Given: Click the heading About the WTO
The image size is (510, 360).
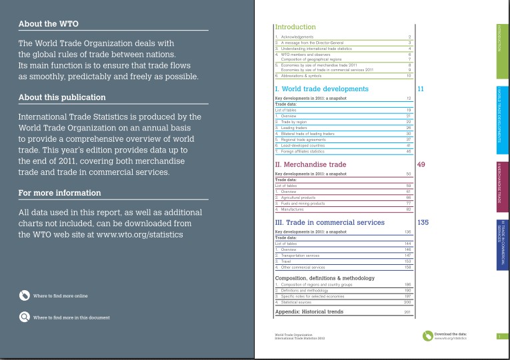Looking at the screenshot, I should [x=48, y=24].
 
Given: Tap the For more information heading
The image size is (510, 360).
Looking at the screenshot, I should [x=60, y=193].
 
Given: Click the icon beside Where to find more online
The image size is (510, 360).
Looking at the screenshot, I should [x=24, y=295].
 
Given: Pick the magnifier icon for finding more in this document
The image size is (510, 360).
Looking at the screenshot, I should [x=24, y=317].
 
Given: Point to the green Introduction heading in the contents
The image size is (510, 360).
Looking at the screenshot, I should [x=295, y=27].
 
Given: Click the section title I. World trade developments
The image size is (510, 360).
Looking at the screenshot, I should [x=321, y=89].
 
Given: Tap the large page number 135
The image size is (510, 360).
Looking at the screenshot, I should [x=422, y=222].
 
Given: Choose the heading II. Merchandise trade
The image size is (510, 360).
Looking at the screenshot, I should [x=310, y=164].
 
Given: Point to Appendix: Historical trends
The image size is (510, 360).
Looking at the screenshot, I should [x=309, y=311].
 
